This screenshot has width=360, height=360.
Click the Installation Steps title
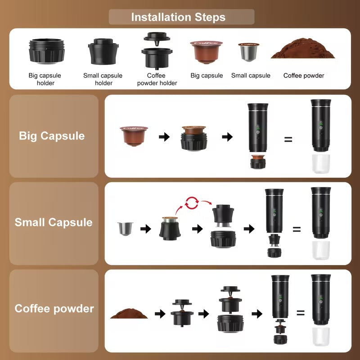178,18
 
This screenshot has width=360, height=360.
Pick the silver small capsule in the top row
249,52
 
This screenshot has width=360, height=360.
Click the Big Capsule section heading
52,136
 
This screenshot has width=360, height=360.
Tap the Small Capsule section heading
54,222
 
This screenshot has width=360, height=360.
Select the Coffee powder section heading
54,309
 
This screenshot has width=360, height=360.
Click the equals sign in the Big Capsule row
288,139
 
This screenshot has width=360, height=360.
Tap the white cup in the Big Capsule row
321,164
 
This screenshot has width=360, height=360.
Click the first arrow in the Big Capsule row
165,137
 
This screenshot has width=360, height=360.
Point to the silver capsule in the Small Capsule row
124,229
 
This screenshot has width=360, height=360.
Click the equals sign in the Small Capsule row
297,229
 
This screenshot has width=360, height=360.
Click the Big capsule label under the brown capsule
207,76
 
